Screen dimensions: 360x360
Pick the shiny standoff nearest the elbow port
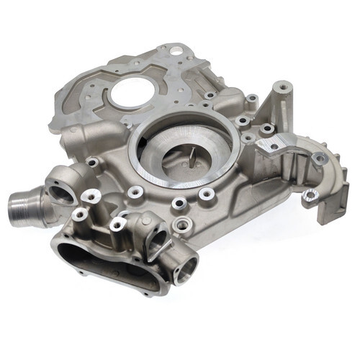click(91, 195)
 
